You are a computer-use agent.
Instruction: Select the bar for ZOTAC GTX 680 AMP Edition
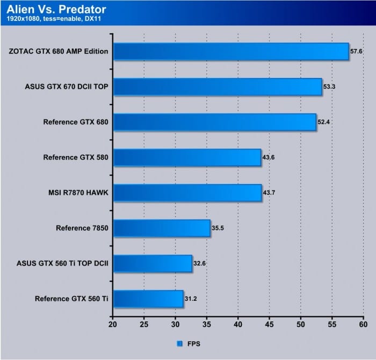point(231,52)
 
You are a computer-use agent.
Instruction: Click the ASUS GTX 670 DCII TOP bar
point(218,87)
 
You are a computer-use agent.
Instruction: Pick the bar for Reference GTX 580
point(187,158)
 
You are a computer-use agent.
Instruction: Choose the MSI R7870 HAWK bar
point(187,193)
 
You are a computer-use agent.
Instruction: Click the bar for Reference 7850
point(162,228)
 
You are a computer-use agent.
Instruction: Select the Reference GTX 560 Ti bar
point(148,299)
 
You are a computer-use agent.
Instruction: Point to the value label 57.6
point(357,52)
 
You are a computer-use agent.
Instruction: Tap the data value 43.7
point(270,193)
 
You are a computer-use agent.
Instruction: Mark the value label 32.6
point(200,264)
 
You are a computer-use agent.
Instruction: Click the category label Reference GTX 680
point(76,122)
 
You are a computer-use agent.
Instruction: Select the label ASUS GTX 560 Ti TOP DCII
point(63,264)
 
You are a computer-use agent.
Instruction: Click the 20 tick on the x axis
point(113,325)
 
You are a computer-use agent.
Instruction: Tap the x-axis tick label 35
point(207,325)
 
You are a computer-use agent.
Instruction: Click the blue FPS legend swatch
point(178,342)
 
